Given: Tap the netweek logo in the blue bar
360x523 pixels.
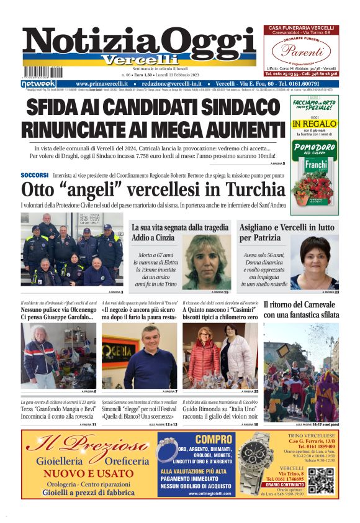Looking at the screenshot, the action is point(38,83).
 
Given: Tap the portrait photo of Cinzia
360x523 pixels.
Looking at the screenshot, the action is point(206,261).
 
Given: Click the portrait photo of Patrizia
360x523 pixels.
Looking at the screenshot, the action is point(315,261).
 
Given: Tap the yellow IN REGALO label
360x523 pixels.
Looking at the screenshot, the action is point(315,124).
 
